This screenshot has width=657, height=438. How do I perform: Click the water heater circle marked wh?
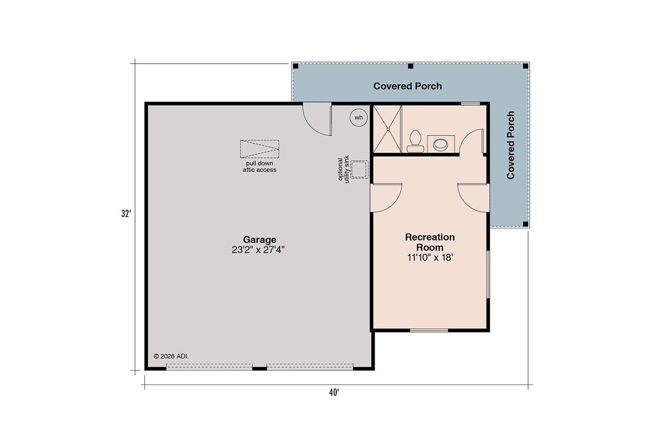pos(358,118)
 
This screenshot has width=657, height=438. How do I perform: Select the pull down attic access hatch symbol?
pos(259,149)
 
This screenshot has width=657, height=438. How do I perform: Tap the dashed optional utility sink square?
pos(360,169)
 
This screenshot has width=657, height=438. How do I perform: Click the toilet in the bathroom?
pos(415,141)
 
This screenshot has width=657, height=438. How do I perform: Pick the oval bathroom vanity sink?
pos(440,144)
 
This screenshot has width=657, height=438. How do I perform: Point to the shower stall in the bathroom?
pos(388,129)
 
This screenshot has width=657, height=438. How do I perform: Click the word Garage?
pos(259,239)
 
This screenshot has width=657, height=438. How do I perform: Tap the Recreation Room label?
pos(430,242)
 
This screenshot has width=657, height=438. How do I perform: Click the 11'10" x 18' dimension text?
pos(430,258)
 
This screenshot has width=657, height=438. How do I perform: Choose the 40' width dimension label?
pos(334,393)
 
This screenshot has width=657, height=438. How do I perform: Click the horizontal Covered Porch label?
pos(407,86)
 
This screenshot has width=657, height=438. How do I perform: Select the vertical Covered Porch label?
pos(510,145)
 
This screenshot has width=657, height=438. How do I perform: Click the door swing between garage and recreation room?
pos(385,198)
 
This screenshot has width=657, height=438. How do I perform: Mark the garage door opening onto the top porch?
pos(317,119)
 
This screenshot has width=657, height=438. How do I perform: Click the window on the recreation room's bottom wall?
pos(429,330)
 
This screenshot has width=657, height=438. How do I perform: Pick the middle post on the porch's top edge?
pos(410,66)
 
